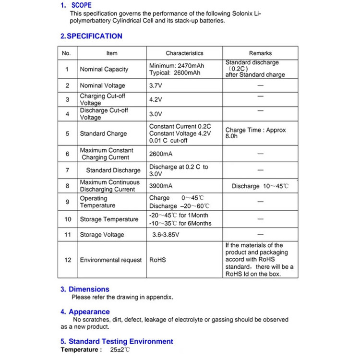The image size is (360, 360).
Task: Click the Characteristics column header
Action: pos(184,53)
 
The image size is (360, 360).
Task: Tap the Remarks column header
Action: pos(260,53)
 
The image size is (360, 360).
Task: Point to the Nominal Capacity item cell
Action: pos(104,69)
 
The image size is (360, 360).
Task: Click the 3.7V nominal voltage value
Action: pos(156,85)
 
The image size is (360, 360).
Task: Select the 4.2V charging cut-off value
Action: pos(156,100)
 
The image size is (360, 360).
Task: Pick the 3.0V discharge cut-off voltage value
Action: pos(156,114)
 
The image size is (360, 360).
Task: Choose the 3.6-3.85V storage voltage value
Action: pos(166,235)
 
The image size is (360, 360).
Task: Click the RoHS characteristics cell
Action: pos(157,260)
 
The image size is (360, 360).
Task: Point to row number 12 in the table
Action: pos(68,260)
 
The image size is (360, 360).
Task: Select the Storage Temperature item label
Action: pos(109,219)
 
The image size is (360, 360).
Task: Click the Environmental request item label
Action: pos(111,260)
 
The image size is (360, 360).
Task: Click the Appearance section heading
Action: pos(85,312)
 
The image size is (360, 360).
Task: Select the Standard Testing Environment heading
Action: pos(117,341)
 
